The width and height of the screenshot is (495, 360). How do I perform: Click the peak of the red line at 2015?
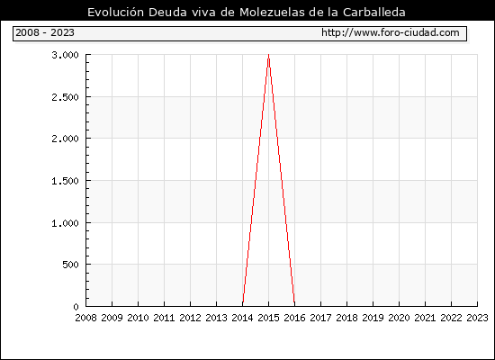269,55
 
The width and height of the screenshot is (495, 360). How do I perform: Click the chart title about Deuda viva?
247,12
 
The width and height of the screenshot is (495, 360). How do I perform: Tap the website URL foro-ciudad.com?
391,32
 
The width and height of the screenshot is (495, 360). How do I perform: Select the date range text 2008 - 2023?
45,32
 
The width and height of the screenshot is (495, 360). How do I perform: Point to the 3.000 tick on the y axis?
65,55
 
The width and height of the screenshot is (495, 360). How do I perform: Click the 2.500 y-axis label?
65,97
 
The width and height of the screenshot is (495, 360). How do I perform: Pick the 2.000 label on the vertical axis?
65,139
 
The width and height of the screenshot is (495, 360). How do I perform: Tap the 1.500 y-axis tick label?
65,181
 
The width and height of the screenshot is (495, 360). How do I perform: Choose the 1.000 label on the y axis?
65,223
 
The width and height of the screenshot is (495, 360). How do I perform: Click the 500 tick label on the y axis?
70,265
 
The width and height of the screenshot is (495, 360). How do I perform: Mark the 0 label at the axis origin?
76,307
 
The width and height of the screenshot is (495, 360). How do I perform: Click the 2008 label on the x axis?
85,318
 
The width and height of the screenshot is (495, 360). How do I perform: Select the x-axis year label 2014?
242,318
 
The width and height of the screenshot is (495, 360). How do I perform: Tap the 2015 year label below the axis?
269,318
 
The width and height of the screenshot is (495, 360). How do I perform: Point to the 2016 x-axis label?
294,318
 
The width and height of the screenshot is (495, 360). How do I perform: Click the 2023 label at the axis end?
477,318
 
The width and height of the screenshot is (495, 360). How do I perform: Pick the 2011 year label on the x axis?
164,318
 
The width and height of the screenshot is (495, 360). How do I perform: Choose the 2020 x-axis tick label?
399,318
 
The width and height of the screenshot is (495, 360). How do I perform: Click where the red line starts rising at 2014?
243,305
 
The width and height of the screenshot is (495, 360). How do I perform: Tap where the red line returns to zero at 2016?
294,305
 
